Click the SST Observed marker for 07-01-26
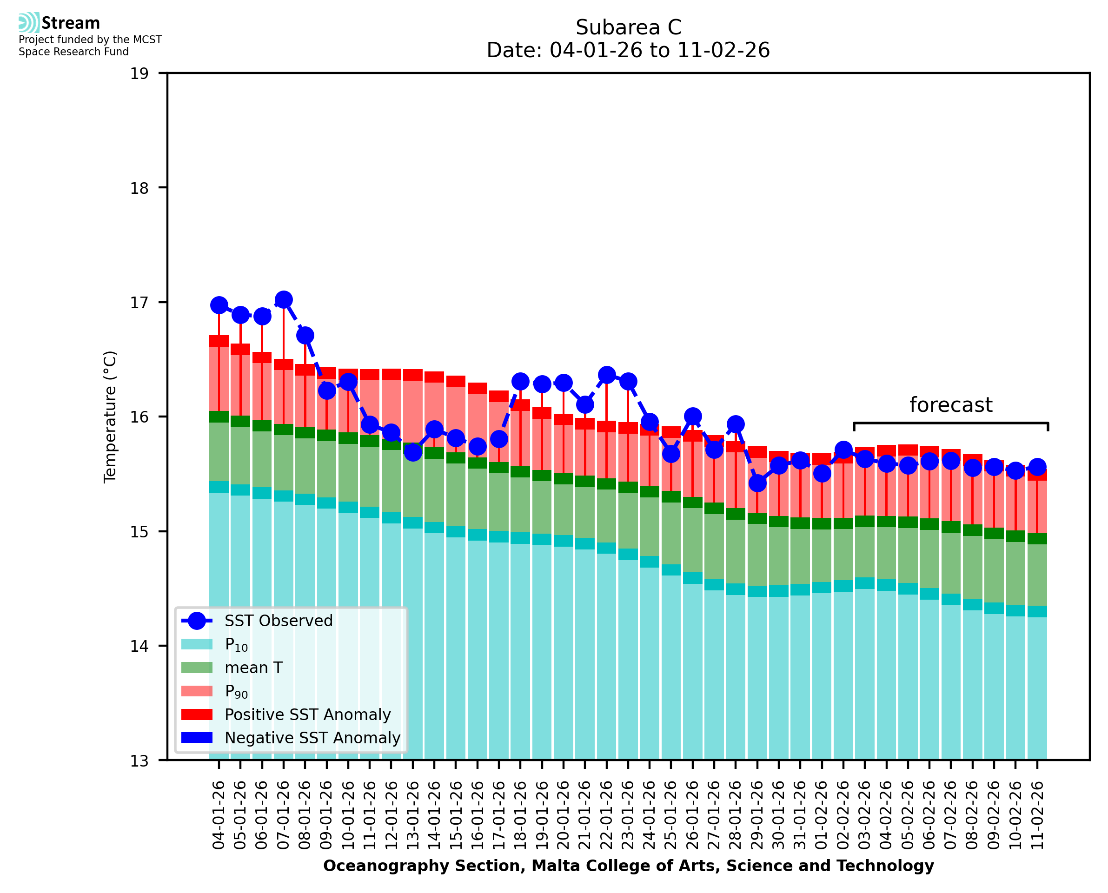tap(284, 299)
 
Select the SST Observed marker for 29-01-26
tap(757, 483)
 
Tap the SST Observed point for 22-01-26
tap(606, 375)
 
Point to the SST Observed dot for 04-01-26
tap(219, 305)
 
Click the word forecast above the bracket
tap(950, 405)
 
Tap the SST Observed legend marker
tap(197, 621)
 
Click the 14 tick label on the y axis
tap(139, 646)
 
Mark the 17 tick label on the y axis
tap(139, 303)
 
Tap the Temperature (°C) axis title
tap(110, 417)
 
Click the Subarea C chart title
tap(628, 27)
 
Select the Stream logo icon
tap(29, 23)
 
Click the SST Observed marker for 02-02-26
tap(843, 450)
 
